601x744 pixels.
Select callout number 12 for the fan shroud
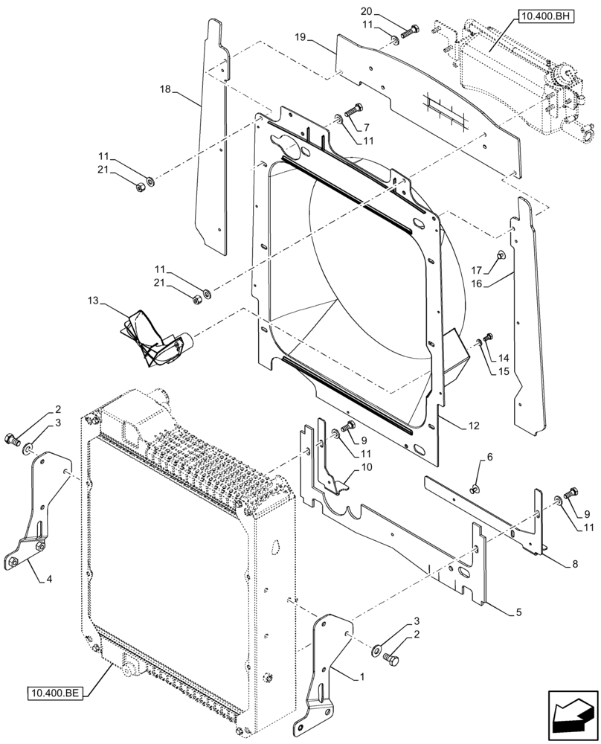[474, 426]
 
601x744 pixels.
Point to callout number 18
[165, 89]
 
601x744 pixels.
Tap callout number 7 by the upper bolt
[366, 127]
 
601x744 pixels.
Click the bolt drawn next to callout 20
[410, 31]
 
